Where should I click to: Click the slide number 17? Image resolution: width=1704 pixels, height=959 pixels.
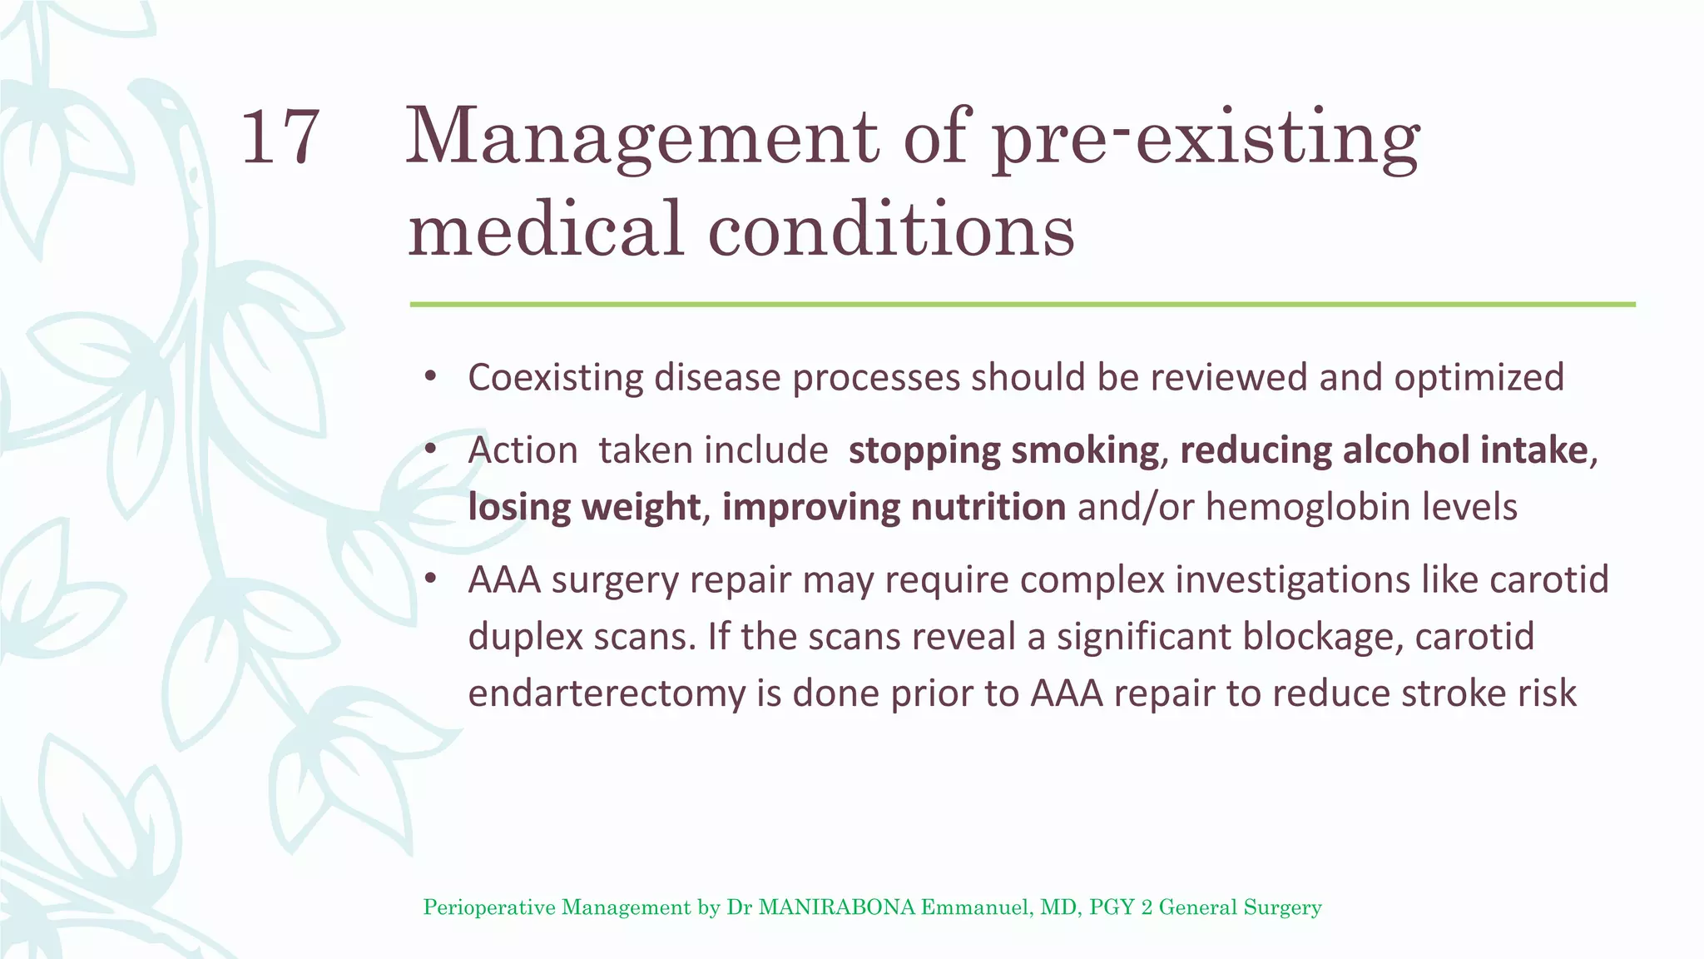click(x=280, y=137)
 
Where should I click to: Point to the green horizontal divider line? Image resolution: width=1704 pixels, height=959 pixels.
click(x=1022, y=305)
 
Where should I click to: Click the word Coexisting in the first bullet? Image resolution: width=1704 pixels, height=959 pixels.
click(x=555, y=378)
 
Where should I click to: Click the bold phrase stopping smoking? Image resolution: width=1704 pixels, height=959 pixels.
click(x=1003, y=451)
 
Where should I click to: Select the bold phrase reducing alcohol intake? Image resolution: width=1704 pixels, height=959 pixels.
click(x=1384, y=451)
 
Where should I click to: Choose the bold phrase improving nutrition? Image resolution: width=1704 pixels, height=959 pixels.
click(x=894, y=508)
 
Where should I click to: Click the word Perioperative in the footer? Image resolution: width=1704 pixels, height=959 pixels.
click(x=489, y=907)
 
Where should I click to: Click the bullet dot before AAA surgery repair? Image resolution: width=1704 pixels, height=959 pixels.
click(x=430, y=579)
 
